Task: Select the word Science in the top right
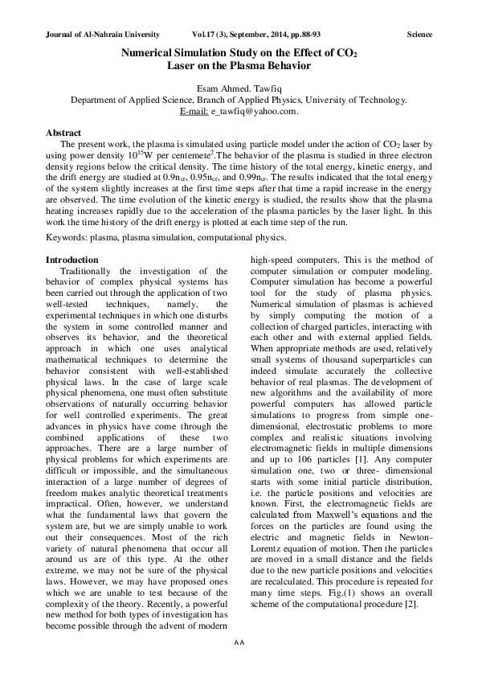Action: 419,35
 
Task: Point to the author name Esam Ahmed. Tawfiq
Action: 239,88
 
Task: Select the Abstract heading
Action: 63,130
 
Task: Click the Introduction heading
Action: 71,260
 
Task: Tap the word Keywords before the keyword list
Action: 65,238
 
